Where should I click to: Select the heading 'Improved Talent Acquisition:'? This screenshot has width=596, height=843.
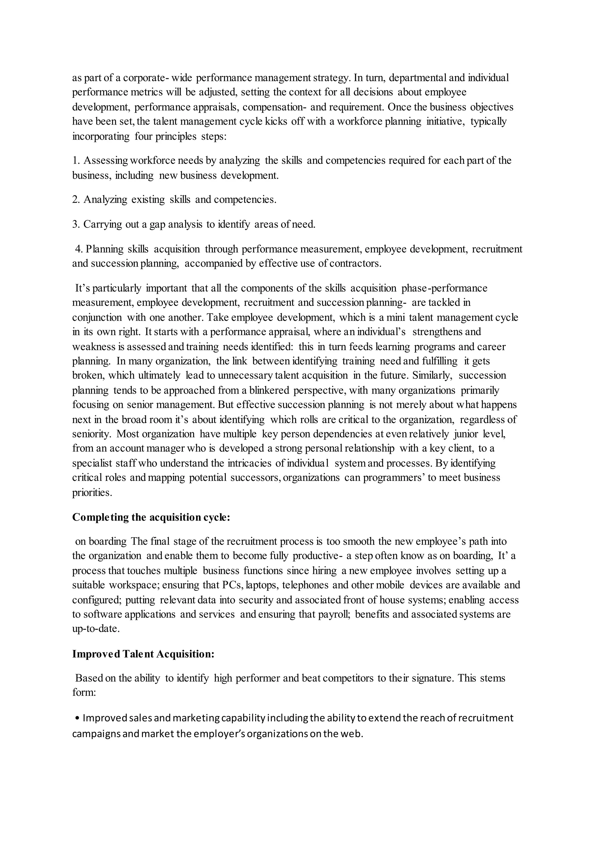tap(143, 654)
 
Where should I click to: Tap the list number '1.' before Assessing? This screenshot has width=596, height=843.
tap(76, 160)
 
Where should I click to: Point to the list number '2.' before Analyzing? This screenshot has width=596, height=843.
tap(76, 200)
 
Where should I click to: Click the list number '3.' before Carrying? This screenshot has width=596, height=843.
tap(76, 224)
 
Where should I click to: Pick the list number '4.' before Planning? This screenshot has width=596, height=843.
tap(79, 249)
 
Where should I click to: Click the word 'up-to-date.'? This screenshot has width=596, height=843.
tap(96, 629)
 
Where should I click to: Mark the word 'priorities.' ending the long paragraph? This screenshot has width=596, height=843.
tap(92, 492)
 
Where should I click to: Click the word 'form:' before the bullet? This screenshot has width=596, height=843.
tap(84, 693)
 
